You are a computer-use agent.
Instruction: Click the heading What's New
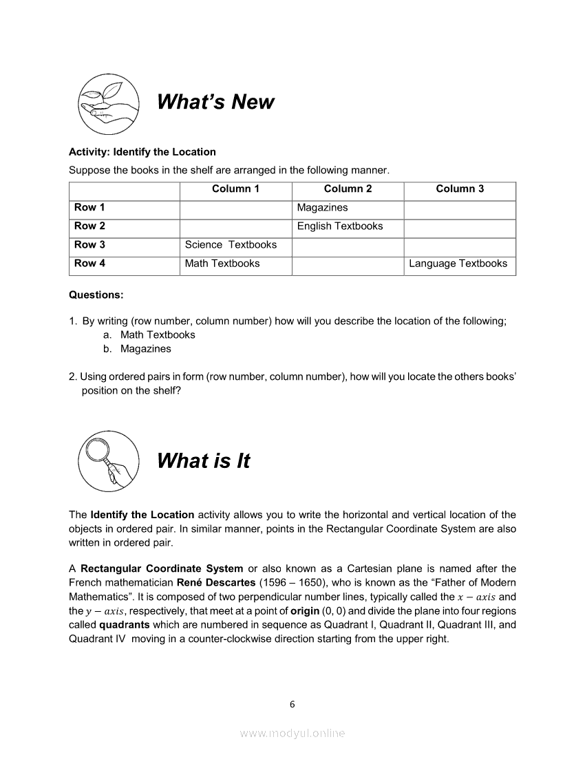tap(215, 102)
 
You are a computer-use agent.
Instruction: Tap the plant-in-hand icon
tap(109, 103)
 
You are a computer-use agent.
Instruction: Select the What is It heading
tap(203, 461)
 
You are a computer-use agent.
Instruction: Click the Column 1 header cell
tap(235, 189)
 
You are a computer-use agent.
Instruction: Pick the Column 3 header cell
tap(460, 189)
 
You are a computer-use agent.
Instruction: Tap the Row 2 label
tap(90, 226)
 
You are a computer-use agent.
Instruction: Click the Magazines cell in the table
tap(322, 208)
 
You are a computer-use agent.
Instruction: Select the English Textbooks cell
tap(340, 226)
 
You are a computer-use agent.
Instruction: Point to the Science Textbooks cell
tap(231, 245)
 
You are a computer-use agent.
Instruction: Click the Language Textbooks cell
tap(458, 264)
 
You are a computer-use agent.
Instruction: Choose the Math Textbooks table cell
tap(222, 264)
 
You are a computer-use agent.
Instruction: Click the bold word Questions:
tap(96, 295)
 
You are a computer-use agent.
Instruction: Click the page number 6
tap(292, 704)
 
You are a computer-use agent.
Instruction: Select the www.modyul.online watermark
tap(292, 734)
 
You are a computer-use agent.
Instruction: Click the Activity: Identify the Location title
tap(142, 152)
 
